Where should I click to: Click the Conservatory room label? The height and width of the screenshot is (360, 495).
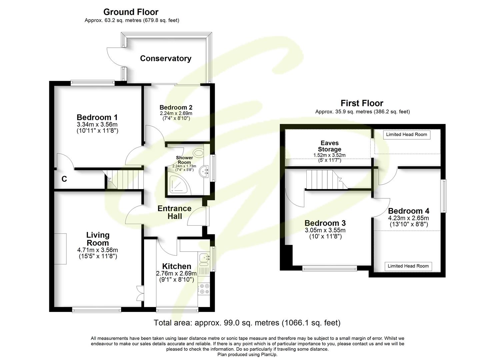[x=165, y=58]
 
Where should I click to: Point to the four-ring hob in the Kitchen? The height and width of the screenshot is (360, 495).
[x=203, y=289]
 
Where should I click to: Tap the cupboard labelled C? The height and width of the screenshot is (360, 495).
[x=64, y=179]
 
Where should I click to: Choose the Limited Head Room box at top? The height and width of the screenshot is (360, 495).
[x=406, y=135]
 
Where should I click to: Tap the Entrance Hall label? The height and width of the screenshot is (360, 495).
[x=174, y=212]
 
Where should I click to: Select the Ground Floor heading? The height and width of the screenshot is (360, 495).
[x=131, y=12]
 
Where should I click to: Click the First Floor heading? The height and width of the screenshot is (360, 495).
[x=362, y=103]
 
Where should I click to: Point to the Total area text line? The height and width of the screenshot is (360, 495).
[x=247, y=323]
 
